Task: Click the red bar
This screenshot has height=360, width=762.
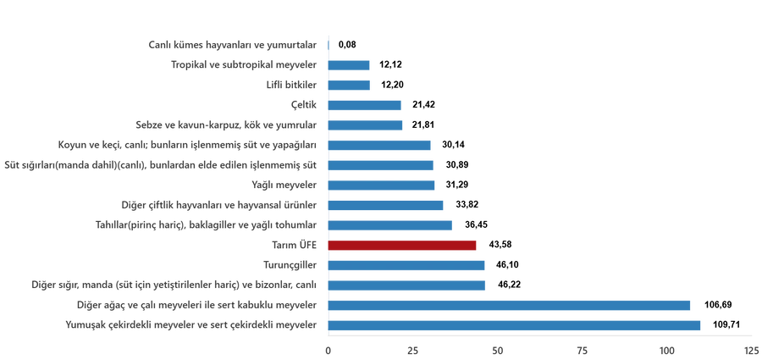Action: click(x=402, y=246)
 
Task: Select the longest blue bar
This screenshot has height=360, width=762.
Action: click(x=514, y=326)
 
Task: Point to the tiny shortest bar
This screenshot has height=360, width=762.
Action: click(x=329, y=44)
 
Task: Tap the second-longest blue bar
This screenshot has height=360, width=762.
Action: click(x=509, y=306)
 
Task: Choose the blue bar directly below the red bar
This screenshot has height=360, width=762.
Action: click(x=406, y=266)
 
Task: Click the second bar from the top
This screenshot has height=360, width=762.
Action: click(x=349, y=64)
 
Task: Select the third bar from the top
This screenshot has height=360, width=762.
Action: click(x=349, y=85)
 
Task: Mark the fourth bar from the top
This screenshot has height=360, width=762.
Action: click(x=365, y=105)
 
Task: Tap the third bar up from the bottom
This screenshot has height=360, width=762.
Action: click(x=406, y=285)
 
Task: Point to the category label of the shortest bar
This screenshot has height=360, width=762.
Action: click(x=232, y=44)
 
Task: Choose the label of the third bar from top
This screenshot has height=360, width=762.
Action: click(x=291, y=85)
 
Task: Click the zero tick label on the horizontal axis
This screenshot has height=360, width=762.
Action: click(x=328, y=350)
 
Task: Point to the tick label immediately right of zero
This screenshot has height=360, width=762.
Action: click(x=412, y=350)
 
